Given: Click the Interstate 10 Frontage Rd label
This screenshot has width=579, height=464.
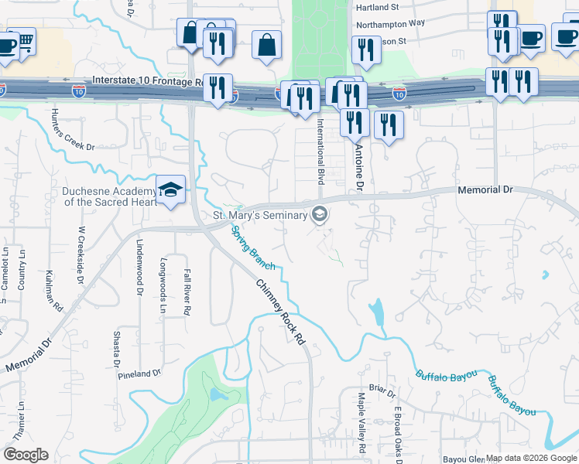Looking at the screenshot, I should pos(146,80).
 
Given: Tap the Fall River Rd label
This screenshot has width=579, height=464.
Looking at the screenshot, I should pos(187,291).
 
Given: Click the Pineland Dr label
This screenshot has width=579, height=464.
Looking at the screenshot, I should pos(139,374).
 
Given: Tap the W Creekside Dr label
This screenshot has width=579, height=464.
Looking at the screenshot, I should pos(81,256).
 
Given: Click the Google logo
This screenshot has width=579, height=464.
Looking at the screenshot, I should pos(26,455).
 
